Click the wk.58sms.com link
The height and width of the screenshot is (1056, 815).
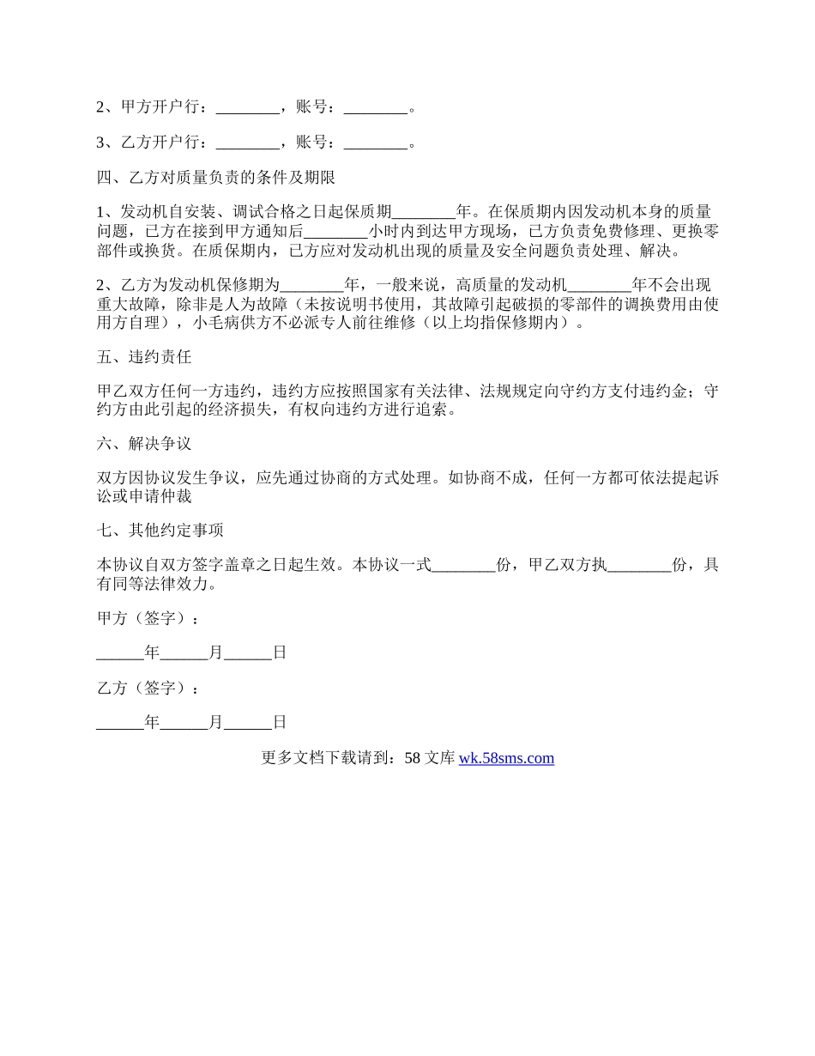pos(506,758)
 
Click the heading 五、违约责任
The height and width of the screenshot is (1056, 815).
pos(143,357)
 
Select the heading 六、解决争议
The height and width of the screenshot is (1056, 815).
pos(143,444)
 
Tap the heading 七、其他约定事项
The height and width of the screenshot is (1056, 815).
pos(160,531)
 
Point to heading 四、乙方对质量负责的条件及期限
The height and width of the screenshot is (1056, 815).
pos(215,178)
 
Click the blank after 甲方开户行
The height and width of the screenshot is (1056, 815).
pos(247,109)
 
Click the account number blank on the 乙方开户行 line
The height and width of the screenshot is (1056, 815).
pos(375,143)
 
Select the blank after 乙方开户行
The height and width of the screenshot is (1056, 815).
pos(247,143)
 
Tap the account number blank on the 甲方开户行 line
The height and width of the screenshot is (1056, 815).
pos(375,109)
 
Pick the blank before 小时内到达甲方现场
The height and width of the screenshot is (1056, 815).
pos(336,232)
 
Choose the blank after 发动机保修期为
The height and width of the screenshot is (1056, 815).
pos(311,286)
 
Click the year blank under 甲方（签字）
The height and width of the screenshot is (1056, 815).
pos(120,654)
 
